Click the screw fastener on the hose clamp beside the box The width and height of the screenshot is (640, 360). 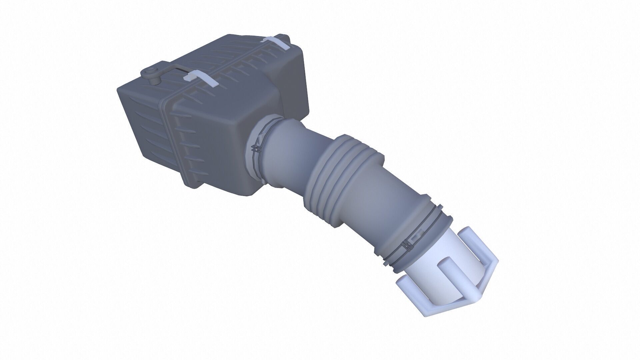tap(256, 149)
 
